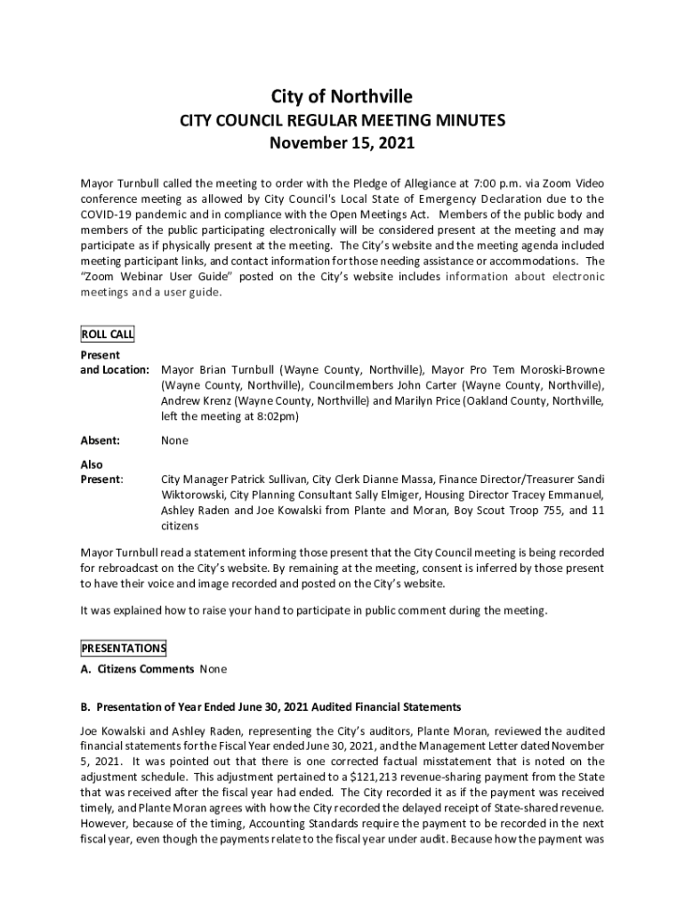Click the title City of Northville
pos(342,96)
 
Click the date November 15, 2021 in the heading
pos(342,142)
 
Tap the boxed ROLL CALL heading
pos(107,335)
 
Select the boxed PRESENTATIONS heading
pos(123,648)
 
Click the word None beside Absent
pos(174,440)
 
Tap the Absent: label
pos(100,440)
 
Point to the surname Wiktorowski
pos(196,495)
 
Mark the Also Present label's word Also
pos(92,464)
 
